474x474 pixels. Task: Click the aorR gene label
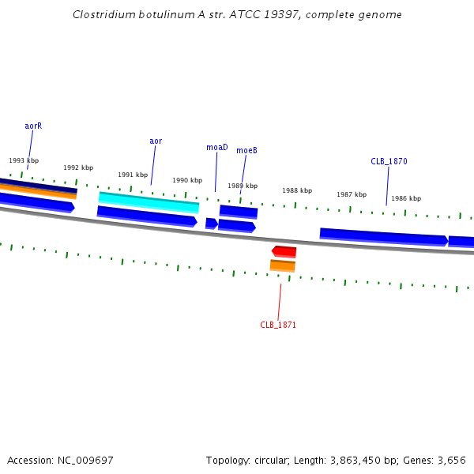click(x=33, y=126)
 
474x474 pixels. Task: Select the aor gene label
click(x=156, y=141)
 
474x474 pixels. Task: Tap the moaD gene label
click(x=217, y=147)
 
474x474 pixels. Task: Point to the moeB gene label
click(x=246, y=150)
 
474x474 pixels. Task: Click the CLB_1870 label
click(x=389, y=161)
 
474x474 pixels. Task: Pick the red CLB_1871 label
click(x=278, y=325)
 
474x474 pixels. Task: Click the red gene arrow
click(x=284, y=251)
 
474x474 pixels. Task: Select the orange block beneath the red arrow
click(x=282, y=265)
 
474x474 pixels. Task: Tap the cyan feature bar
click(x=149, y=202)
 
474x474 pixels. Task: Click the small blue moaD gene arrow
click(x=212, y=224)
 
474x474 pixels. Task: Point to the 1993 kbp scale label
click(x=24, y=160)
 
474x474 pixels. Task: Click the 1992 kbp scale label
click(x=78, y=167)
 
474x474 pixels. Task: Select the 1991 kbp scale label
click(x=133, y=175)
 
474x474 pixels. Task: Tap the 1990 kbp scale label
click(x=187, y=180)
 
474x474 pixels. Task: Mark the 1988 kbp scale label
click(x=297, y=190)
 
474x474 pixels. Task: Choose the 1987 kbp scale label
click(x=352, y=194)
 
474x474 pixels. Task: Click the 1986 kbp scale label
click(x=406, y=198)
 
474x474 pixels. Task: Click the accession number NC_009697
click(x=85, y=461)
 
